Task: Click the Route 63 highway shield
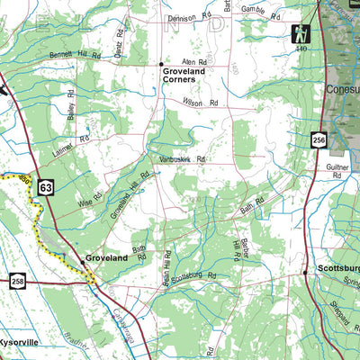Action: point(46,187)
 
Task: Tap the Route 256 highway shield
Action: point(318,140)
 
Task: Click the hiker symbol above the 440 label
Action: point(299,33)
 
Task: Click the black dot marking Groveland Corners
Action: point(161,65)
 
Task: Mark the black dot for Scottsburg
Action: point(305,270)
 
